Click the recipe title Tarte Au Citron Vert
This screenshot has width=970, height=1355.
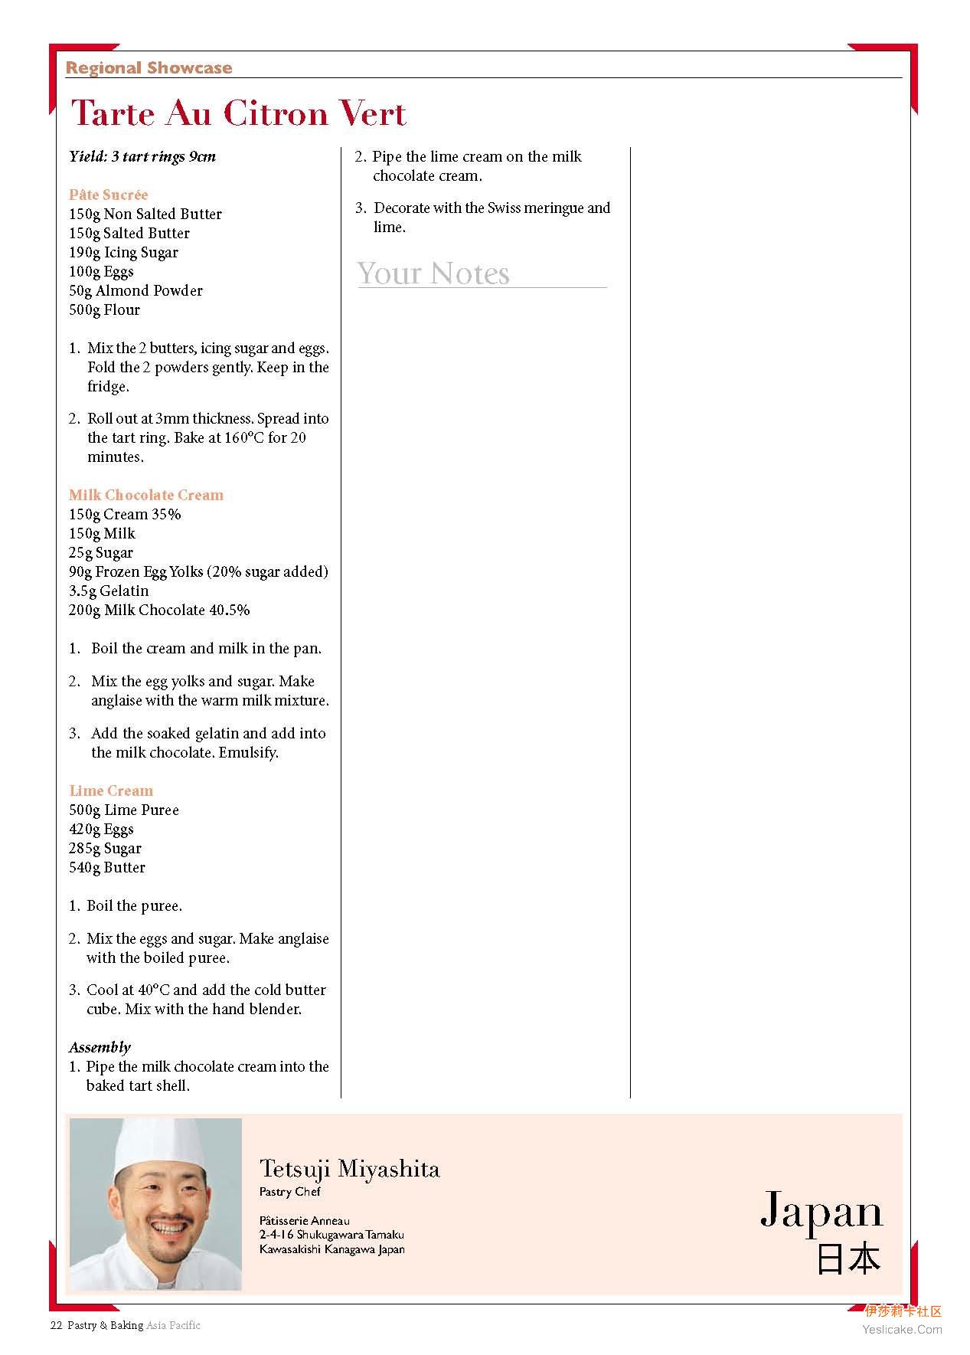pos(238,113)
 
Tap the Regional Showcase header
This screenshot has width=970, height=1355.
pos(149,67)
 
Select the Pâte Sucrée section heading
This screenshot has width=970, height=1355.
pos(108,195)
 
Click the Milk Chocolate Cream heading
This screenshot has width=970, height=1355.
pos(145,495)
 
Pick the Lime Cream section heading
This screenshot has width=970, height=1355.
pos(111,790)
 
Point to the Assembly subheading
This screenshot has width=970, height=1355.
pos(100,1047)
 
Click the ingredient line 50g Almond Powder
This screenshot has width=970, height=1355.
pos(136,290)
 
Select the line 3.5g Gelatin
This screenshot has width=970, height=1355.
pos(109,591)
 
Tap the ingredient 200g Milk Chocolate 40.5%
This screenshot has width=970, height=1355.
pos(159,610)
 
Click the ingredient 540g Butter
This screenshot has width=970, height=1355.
pos(107,867)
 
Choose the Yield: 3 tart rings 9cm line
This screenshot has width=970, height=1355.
pos(142,156)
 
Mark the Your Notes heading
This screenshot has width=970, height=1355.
pos(433,273)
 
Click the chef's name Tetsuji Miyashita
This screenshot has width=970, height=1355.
pos(349,1169)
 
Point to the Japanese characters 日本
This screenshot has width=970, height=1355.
pos(848,1259)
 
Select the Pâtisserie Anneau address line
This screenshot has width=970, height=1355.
pos(304,1220)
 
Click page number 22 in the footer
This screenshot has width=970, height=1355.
pos(56,1325)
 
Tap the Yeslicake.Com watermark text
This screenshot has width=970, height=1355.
pos(902,1330)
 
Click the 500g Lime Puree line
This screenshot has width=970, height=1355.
pos(123,810)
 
